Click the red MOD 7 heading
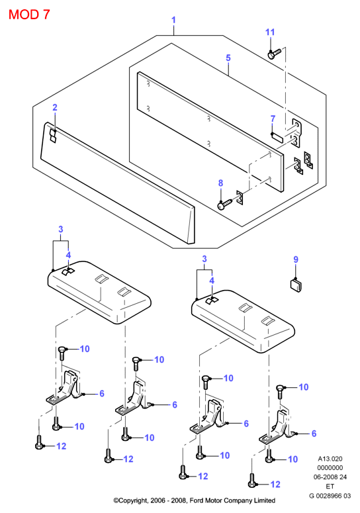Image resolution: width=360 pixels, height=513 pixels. pyautogui.click(x=29, y=15)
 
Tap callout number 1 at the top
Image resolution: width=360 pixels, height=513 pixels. pyautogui.click(x=173, y=20)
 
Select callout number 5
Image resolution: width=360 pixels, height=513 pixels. pyautogui.click(x=228, y=58)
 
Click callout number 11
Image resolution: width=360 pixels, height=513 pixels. pyautogui.click(x=270, y=32)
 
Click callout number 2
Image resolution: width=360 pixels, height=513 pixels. pyautogui.click(x=55, y=107)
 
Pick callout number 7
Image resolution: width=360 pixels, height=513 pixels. pyautogui.click(x=273, y=118)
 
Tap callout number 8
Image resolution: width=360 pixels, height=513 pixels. pyautogui.click(x=221, y=183)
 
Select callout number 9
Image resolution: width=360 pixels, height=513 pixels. pyautogui.click(x=296, y=259)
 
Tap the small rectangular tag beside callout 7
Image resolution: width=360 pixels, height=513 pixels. pyautogui.click(x=277, y=137)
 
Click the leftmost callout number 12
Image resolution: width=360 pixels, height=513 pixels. pyautogui.click(x=61, y=446)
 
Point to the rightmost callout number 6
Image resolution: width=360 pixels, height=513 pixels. pyautogui.click(x=314, y=434)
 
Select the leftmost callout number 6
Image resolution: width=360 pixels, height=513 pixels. pyautogui.click(x=102, y=393)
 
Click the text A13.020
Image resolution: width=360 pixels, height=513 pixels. pyautogui.click(x=330, y=459)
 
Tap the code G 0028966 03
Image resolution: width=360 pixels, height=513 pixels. pyautogui.click(x=330, y=496)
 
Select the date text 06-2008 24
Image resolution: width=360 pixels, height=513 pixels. pyautogui.click(x=330, y=477)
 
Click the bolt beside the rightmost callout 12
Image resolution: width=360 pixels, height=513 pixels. pyautogui.click(x=251, y=481)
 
